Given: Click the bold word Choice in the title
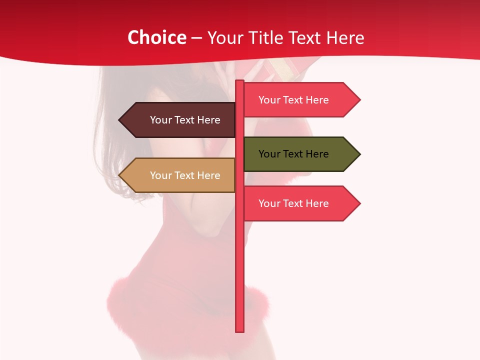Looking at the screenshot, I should pos(157,37).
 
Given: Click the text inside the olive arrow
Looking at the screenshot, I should pos(293,154).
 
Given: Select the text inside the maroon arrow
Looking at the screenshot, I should pos(185,120).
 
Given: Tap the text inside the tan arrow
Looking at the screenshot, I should pos(185,175).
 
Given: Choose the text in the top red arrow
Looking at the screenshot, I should pos(293,100).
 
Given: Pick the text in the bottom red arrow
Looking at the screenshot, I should pos(293,203).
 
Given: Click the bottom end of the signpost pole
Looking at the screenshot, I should pos(240,329).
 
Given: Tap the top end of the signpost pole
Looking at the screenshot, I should pos(240,82).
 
